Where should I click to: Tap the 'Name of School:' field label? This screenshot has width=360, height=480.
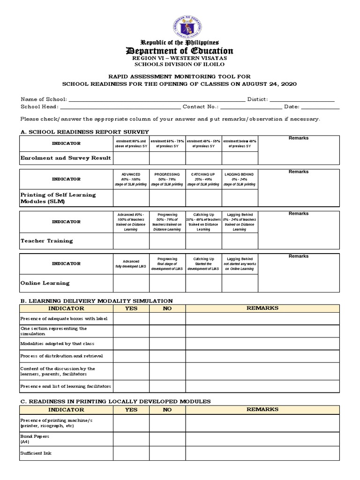(x=44, y=99)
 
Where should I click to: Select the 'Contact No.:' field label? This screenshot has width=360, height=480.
(x=201, y=107)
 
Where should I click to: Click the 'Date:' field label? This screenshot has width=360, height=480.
(x=292, y=107)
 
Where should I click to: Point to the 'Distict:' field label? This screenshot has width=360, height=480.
(x=257, y=99)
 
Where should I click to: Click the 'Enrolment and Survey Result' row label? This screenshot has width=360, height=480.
(x=66, y=158)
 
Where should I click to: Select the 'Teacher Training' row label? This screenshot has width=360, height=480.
(x=47, y=241)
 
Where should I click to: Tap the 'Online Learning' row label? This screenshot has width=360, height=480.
(x=45, y=283)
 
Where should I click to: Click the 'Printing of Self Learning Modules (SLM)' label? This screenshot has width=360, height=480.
(x=58, y=198)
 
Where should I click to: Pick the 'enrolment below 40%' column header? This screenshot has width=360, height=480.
(x=240, y=143)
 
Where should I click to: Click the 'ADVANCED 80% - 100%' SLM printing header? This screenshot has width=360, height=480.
(x=131, y=179)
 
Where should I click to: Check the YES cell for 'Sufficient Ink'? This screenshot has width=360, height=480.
(x=131, y=453)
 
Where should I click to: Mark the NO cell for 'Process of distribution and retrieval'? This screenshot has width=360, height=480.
(x=167, y=356)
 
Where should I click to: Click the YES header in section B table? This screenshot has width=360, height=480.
(x=131, y=308)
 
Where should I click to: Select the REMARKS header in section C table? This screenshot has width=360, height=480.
(x=262, y=409)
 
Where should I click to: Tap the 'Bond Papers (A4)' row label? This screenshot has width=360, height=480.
(x=34, y=439)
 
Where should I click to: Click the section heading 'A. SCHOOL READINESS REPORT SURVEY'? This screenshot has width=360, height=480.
(x=84, y=132)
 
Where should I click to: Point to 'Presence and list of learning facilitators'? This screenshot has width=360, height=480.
(x=66, y=386)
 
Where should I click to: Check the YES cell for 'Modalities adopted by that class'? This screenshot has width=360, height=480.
(x=131, y=344)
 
